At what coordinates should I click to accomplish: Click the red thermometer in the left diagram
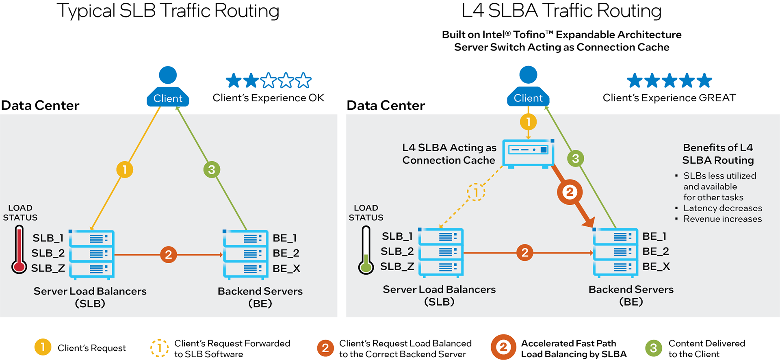coord(19,250)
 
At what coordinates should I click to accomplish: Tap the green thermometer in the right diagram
coord(366,250)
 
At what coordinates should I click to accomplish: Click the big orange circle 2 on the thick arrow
coord(570,192)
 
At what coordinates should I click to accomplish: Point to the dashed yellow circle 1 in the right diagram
coord(476,192)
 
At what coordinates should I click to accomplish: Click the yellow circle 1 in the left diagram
coord(125,169)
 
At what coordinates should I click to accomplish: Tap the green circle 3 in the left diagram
coord(212,169)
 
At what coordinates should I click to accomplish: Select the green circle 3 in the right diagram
coord(575,158)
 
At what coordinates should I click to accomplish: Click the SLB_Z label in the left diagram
coord(48,268)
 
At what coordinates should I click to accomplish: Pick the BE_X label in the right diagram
coord(656,267)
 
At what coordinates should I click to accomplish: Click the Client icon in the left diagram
coord(168,87)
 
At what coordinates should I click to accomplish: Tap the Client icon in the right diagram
coord(528,87)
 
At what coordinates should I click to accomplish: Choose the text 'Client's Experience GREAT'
coord(669,98)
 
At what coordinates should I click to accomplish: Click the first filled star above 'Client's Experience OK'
coord(234,80)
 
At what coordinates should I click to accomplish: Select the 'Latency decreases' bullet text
coord(722,208)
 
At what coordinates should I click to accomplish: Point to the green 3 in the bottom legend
coord(653,348)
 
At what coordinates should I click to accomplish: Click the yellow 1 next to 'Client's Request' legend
coord(43,347)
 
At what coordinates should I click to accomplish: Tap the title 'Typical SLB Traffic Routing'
coord(168,11)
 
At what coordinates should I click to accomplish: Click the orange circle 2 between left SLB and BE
coord(168,255)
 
